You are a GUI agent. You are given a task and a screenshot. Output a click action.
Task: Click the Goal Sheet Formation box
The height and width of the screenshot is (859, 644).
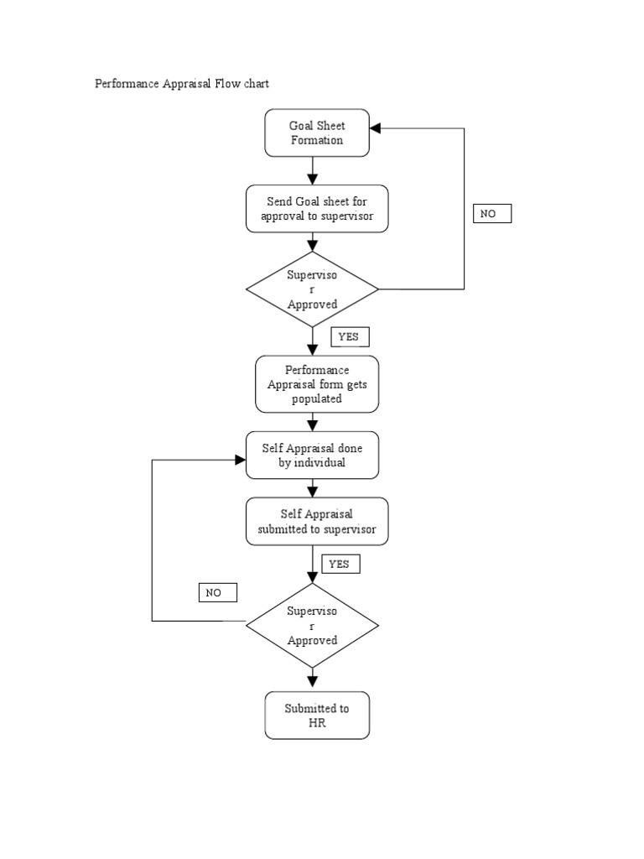click(x=317, y=133)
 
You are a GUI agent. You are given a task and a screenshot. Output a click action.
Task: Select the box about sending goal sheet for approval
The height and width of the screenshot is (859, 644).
click(x=317, y=209)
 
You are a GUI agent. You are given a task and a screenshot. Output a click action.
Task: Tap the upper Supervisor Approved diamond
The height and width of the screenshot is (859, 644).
click(x=312, y=289)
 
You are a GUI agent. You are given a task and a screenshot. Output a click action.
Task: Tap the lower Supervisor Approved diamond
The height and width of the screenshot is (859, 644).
click(x=312, y=625)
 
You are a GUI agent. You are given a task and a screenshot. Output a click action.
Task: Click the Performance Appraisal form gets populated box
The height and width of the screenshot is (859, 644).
click(x=317, y=384)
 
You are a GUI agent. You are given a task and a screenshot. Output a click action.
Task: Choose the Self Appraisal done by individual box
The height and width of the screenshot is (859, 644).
click(x=312, y=456)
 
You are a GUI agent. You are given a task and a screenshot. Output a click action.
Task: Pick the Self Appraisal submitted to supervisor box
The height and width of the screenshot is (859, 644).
click(x=317, y=521)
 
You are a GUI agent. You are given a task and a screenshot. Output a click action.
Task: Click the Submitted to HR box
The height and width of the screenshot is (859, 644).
click(x=317, y=716)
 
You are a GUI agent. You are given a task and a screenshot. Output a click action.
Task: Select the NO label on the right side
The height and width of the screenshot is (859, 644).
click(x=491, y=214)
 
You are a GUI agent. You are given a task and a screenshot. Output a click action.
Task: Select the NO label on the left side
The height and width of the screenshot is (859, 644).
click(x=218, y=593)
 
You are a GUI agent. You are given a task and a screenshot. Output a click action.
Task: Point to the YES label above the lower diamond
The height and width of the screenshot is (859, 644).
click(x=340, y=564)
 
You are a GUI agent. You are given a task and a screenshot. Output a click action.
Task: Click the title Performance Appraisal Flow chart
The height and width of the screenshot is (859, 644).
click(x=182, y=85)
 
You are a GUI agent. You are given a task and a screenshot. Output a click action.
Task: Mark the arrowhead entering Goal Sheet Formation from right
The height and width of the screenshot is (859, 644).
click(x=376, y=128)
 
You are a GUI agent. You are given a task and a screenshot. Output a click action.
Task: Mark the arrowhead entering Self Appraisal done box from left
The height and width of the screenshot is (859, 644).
click(x=240, y=459)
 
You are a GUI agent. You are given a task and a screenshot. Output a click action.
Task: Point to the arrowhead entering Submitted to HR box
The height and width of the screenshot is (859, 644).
click(x=313, y=684)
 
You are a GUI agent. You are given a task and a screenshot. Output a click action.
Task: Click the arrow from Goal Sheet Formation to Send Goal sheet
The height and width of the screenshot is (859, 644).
click(x=313, y=170)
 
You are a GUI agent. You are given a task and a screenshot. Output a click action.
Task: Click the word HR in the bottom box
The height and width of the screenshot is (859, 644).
click(x=317, y=723)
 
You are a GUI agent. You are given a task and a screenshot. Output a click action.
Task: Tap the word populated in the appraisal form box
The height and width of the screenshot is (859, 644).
click(x=317, y=399)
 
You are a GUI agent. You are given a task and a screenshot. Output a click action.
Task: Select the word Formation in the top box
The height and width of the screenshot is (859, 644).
click(x=317, y=140)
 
